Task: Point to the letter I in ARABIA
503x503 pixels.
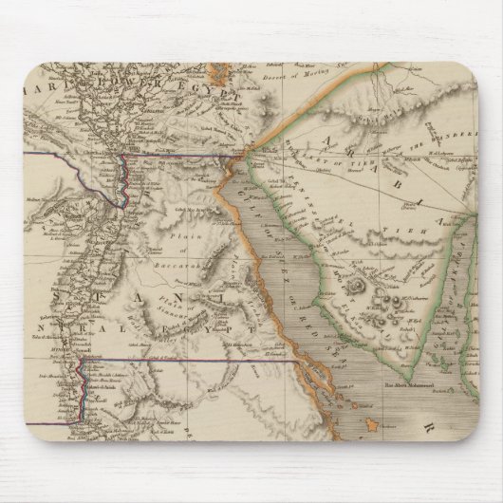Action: [419, 200]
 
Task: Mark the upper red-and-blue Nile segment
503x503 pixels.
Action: [125, 179]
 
